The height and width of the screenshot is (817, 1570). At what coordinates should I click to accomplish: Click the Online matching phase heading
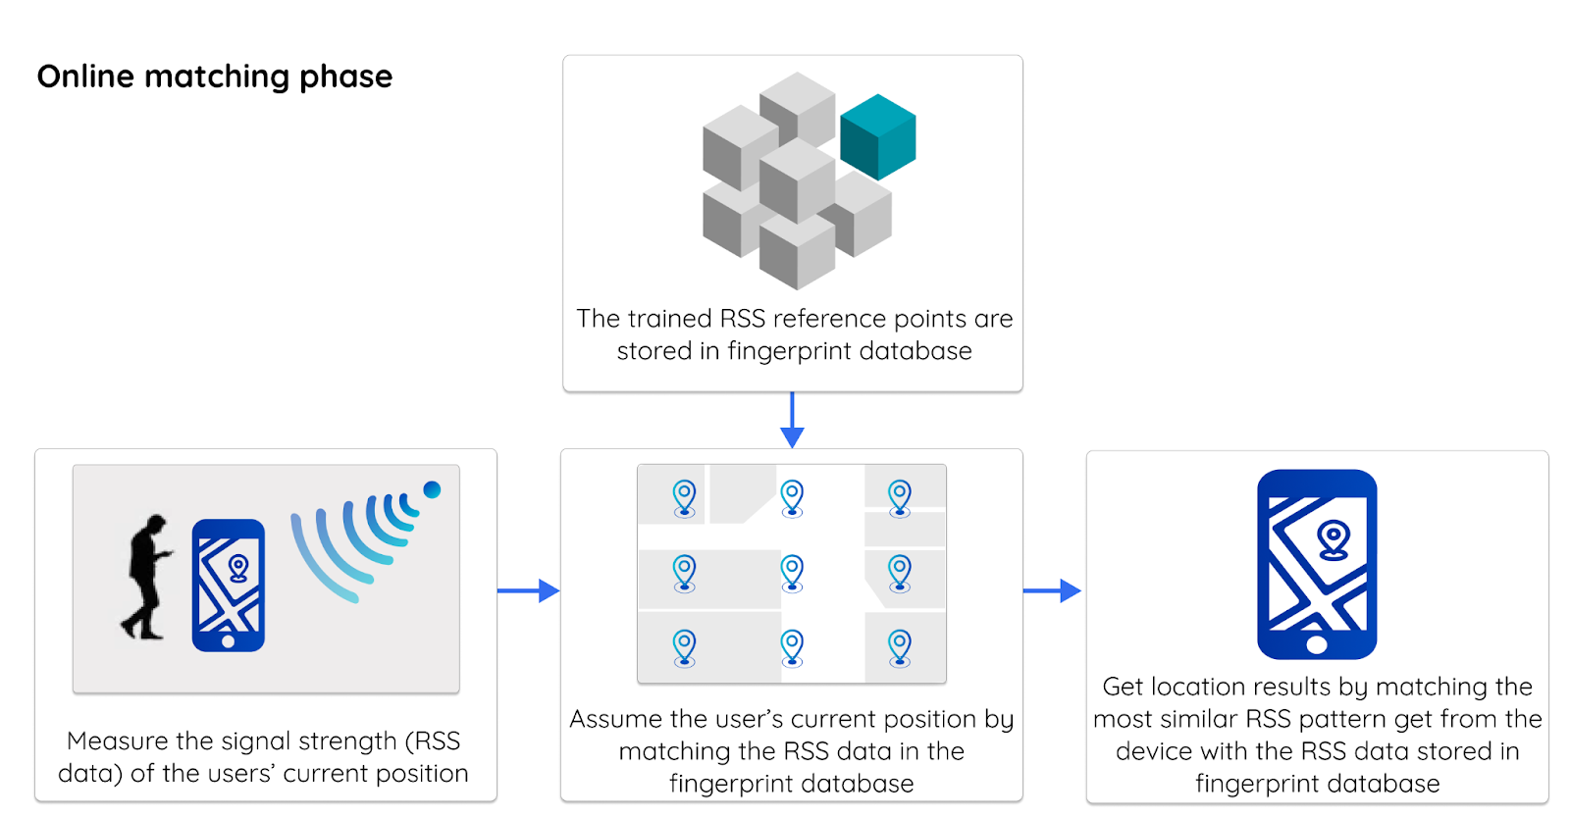[x=215, y=77]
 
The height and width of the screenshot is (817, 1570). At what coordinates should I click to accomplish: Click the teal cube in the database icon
[x=877, y=137]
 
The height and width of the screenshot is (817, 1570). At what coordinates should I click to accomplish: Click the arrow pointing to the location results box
[x=1052, y=590]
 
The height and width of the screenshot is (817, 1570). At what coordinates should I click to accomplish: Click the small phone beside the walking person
[x=228, y=586]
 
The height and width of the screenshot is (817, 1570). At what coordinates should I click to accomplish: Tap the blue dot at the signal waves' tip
[x=432, y=489]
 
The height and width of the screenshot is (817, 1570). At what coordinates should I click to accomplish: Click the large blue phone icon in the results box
[x=1317, y=564]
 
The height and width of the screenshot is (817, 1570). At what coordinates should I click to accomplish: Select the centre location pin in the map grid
[x=792, y=572]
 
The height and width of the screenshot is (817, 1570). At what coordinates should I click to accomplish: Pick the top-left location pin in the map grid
[x=684, y=497]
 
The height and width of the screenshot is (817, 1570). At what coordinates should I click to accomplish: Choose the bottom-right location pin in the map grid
[x=900, y=647]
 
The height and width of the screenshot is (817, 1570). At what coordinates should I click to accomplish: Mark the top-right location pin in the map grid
[x=900, y=497]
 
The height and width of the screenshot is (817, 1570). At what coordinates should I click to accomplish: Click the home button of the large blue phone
[x=1317, y=644]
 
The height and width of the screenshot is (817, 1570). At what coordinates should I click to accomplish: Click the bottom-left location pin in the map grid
[x=684, y=647]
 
